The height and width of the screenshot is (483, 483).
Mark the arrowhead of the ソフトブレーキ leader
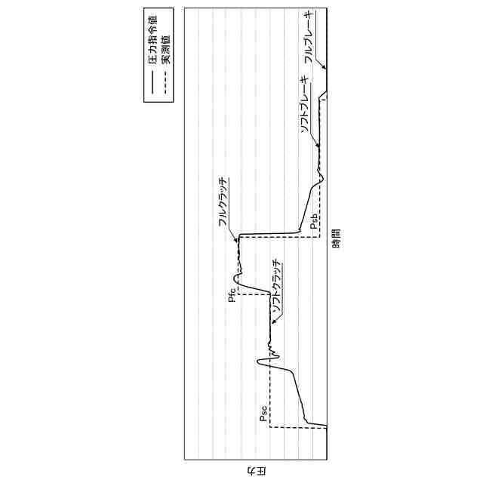pos(318,145)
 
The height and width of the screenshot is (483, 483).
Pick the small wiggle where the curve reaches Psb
pos(320,178)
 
